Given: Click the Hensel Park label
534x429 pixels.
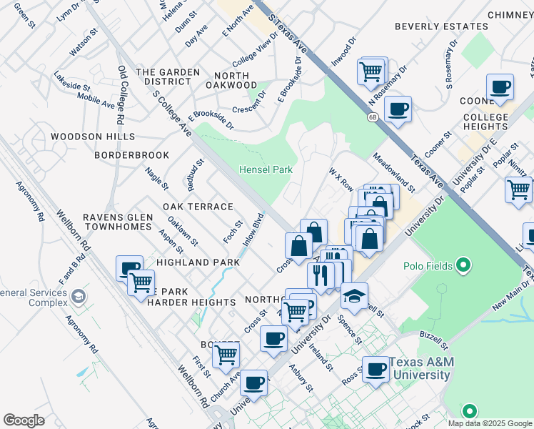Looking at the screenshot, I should [x=267, y=170].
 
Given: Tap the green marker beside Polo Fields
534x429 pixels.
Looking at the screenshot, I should [x=464, y=267].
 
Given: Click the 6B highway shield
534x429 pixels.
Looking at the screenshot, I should [x=373, y=117].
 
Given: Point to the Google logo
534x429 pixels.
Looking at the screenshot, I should [x=24, y=420].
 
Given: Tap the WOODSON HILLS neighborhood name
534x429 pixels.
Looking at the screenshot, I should [x=93, y=136].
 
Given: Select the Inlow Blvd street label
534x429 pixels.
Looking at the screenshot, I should [x=254, y=229].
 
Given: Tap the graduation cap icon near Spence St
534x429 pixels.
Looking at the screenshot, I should [x=353, y=295].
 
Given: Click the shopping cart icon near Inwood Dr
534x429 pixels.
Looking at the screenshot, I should [x=371, y=71].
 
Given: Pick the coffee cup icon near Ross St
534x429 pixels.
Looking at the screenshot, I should [x=376, y=370].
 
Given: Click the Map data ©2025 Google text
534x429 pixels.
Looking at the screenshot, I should [x=490, y=423].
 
